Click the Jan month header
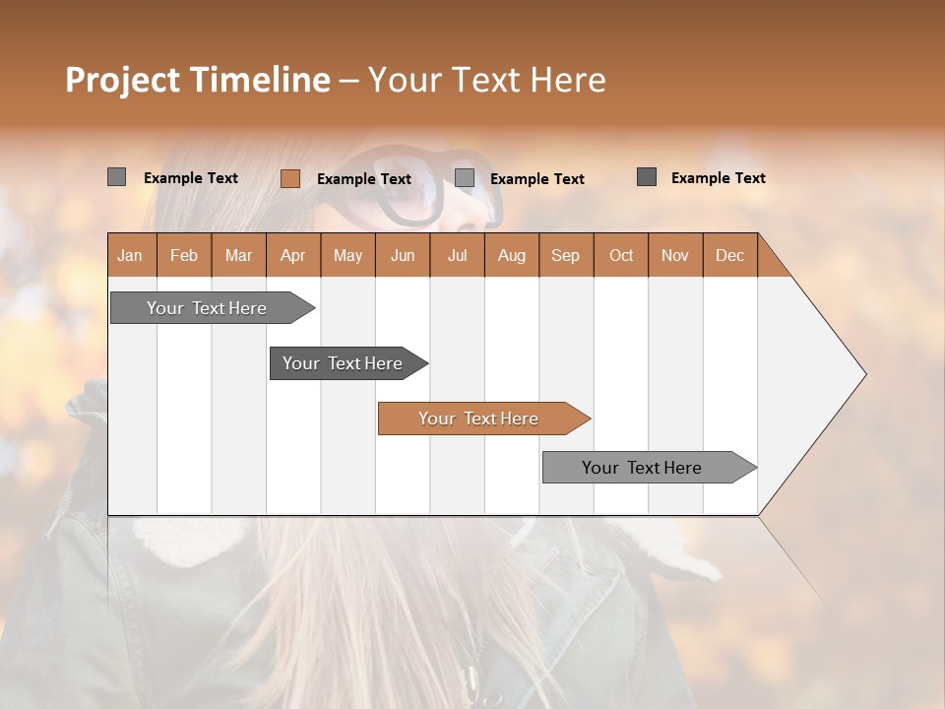click(x=131, y=255)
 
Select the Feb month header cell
click(x=184, y=255)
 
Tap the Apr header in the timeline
click(x=293, y=255)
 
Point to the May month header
click(x=347, y=255)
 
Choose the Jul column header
click(x=457, y=255)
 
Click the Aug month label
click(x=512, y=255)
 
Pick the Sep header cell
click(x=566, y=255)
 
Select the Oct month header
click(x=621, y=255)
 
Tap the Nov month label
click(x=675, y=255)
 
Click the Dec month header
click(x=730, y=255)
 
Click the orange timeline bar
click(x=482, y=419)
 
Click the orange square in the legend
click(x=290, y=178)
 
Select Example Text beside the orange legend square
click(x=364, y=179)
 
